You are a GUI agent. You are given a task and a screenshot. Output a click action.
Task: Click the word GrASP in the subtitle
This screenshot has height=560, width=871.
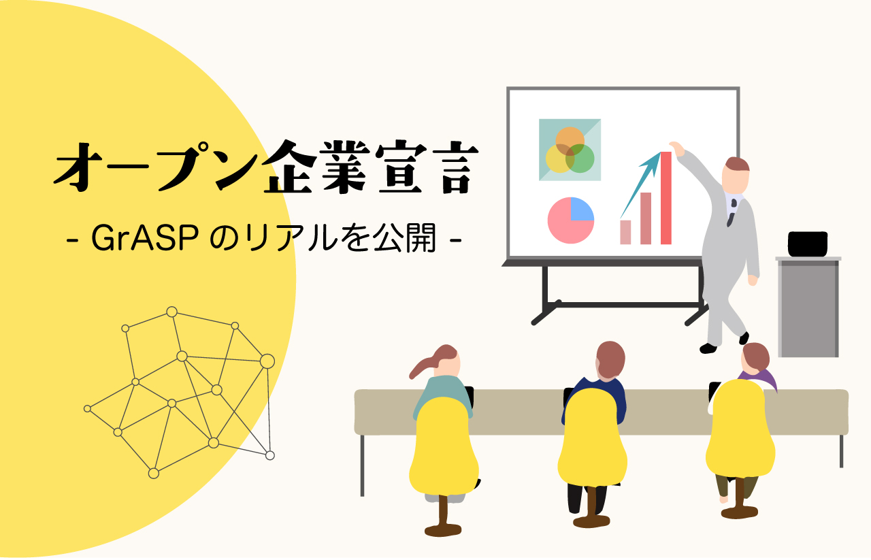coord(145,238)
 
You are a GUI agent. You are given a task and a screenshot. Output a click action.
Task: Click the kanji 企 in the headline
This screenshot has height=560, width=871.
coord(291,167)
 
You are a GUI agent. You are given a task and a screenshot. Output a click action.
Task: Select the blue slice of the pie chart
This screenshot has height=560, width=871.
coord(582,209)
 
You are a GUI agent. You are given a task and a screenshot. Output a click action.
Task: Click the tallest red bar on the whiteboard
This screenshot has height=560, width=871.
coord(665,198)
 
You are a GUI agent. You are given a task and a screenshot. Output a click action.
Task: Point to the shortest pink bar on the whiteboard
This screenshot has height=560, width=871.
coord(625,232)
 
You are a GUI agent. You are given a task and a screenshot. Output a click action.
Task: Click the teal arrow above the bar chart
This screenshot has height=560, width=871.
coord(640,185)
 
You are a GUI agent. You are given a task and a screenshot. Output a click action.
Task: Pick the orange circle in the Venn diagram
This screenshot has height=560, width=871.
coord(570,141)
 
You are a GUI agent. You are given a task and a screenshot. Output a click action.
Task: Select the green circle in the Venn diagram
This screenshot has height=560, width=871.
coord(580,159)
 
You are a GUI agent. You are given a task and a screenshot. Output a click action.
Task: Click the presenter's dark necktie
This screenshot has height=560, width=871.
coord(732,213)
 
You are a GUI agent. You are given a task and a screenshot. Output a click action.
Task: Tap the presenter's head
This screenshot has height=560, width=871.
coord(736,176)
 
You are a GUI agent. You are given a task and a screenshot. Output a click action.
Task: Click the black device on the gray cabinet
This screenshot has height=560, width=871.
coord(808,244)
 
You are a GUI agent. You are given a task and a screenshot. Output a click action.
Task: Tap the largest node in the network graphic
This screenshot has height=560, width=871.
coord(267,361)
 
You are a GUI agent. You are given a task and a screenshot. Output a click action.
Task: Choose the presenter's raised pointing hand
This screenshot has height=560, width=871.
coord(677,149)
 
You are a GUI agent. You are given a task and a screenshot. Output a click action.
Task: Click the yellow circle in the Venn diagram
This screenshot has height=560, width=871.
coord(560,159)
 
